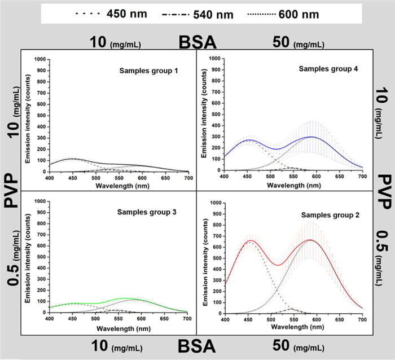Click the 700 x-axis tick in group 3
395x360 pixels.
(187, 319)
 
